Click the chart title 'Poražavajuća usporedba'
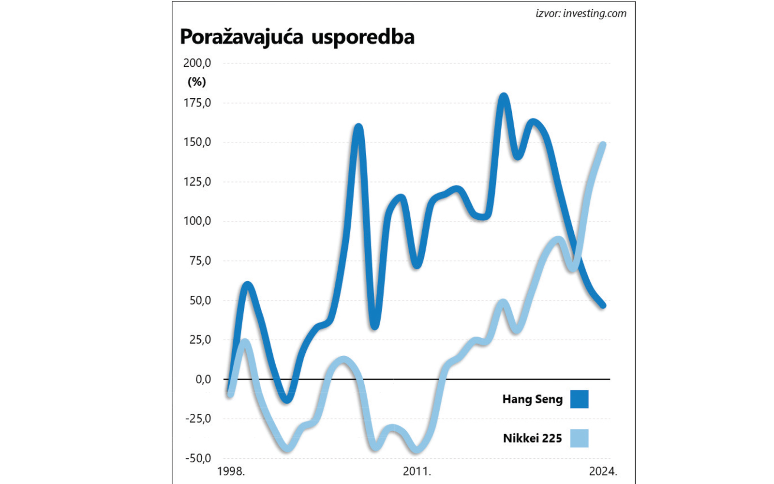pyautogui.click(x=297, y=37)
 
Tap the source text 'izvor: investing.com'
pyautogui.click(x=580, y=14)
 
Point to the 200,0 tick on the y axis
pyautogui.click(x=197, y=63)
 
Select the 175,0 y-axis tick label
pyautogui.click(x=197, y=103)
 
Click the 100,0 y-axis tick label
pyautogui.click(x=197, y=221)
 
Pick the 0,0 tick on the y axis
pyautogui.click(x=203, y=379)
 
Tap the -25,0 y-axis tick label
pyautogui.click(x=198, y=419)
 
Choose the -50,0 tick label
pyautogui.click(x=198, y=458)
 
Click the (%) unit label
pyautogui.click(x=197, y=82)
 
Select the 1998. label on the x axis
pyautogui.click(x=231, y=471)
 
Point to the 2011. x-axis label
pyautogui.click(x=417, y=471)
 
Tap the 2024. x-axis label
pyautogui.click(x=603, y=471)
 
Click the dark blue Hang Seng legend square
pyautogui.click(x=579, y=399)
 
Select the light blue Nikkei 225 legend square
pyautogui.click(x=579, y=439)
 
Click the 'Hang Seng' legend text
pyautogui.click(x=532, y=399)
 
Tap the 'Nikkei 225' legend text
pyautogui.click(x=532, y=439)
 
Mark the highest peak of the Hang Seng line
pyautogui.click(x=504, y=96)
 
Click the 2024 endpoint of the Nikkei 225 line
pyautogui.click(x=603, y=145)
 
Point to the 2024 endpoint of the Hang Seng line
pyautogui.click(x=603, y=305)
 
